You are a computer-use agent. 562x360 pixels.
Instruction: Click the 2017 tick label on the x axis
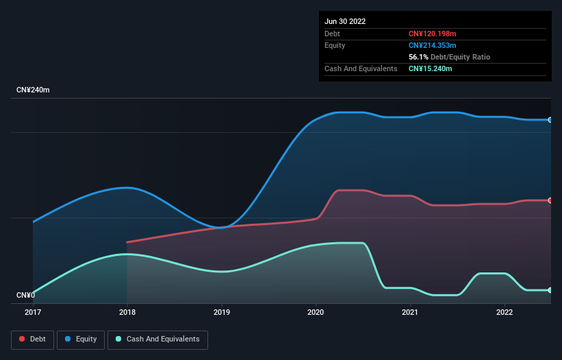(33, 312)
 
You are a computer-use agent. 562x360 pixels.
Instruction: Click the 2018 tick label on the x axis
(127, 312)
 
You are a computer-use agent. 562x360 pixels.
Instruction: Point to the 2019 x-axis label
(222, 312)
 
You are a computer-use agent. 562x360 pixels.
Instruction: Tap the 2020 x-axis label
(316, 312)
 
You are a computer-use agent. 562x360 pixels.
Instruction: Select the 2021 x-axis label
(411, 312)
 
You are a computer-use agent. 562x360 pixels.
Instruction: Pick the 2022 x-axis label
(504, 312)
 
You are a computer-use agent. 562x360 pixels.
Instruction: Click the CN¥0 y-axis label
(26, 296)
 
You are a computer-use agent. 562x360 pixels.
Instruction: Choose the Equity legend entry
(81, 339)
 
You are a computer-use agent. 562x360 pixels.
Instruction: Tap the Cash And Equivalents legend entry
(157, 339)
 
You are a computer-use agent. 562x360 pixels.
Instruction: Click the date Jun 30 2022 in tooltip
(345, 21)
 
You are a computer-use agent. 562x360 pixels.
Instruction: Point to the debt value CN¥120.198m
(432, 34)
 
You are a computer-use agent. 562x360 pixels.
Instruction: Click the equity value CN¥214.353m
(432, 45)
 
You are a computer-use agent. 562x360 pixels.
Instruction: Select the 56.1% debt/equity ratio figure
(419, 57)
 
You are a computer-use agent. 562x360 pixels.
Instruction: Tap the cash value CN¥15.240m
(430, 68)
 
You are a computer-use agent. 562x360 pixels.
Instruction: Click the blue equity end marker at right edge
(550, 120)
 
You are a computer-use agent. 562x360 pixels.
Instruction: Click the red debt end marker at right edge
(550, 201)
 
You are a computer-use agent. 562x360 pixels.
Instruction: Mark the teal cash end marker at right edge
(550, 290)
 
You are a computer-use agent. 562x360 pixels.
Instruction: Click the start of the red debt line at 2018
(127, 242)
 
